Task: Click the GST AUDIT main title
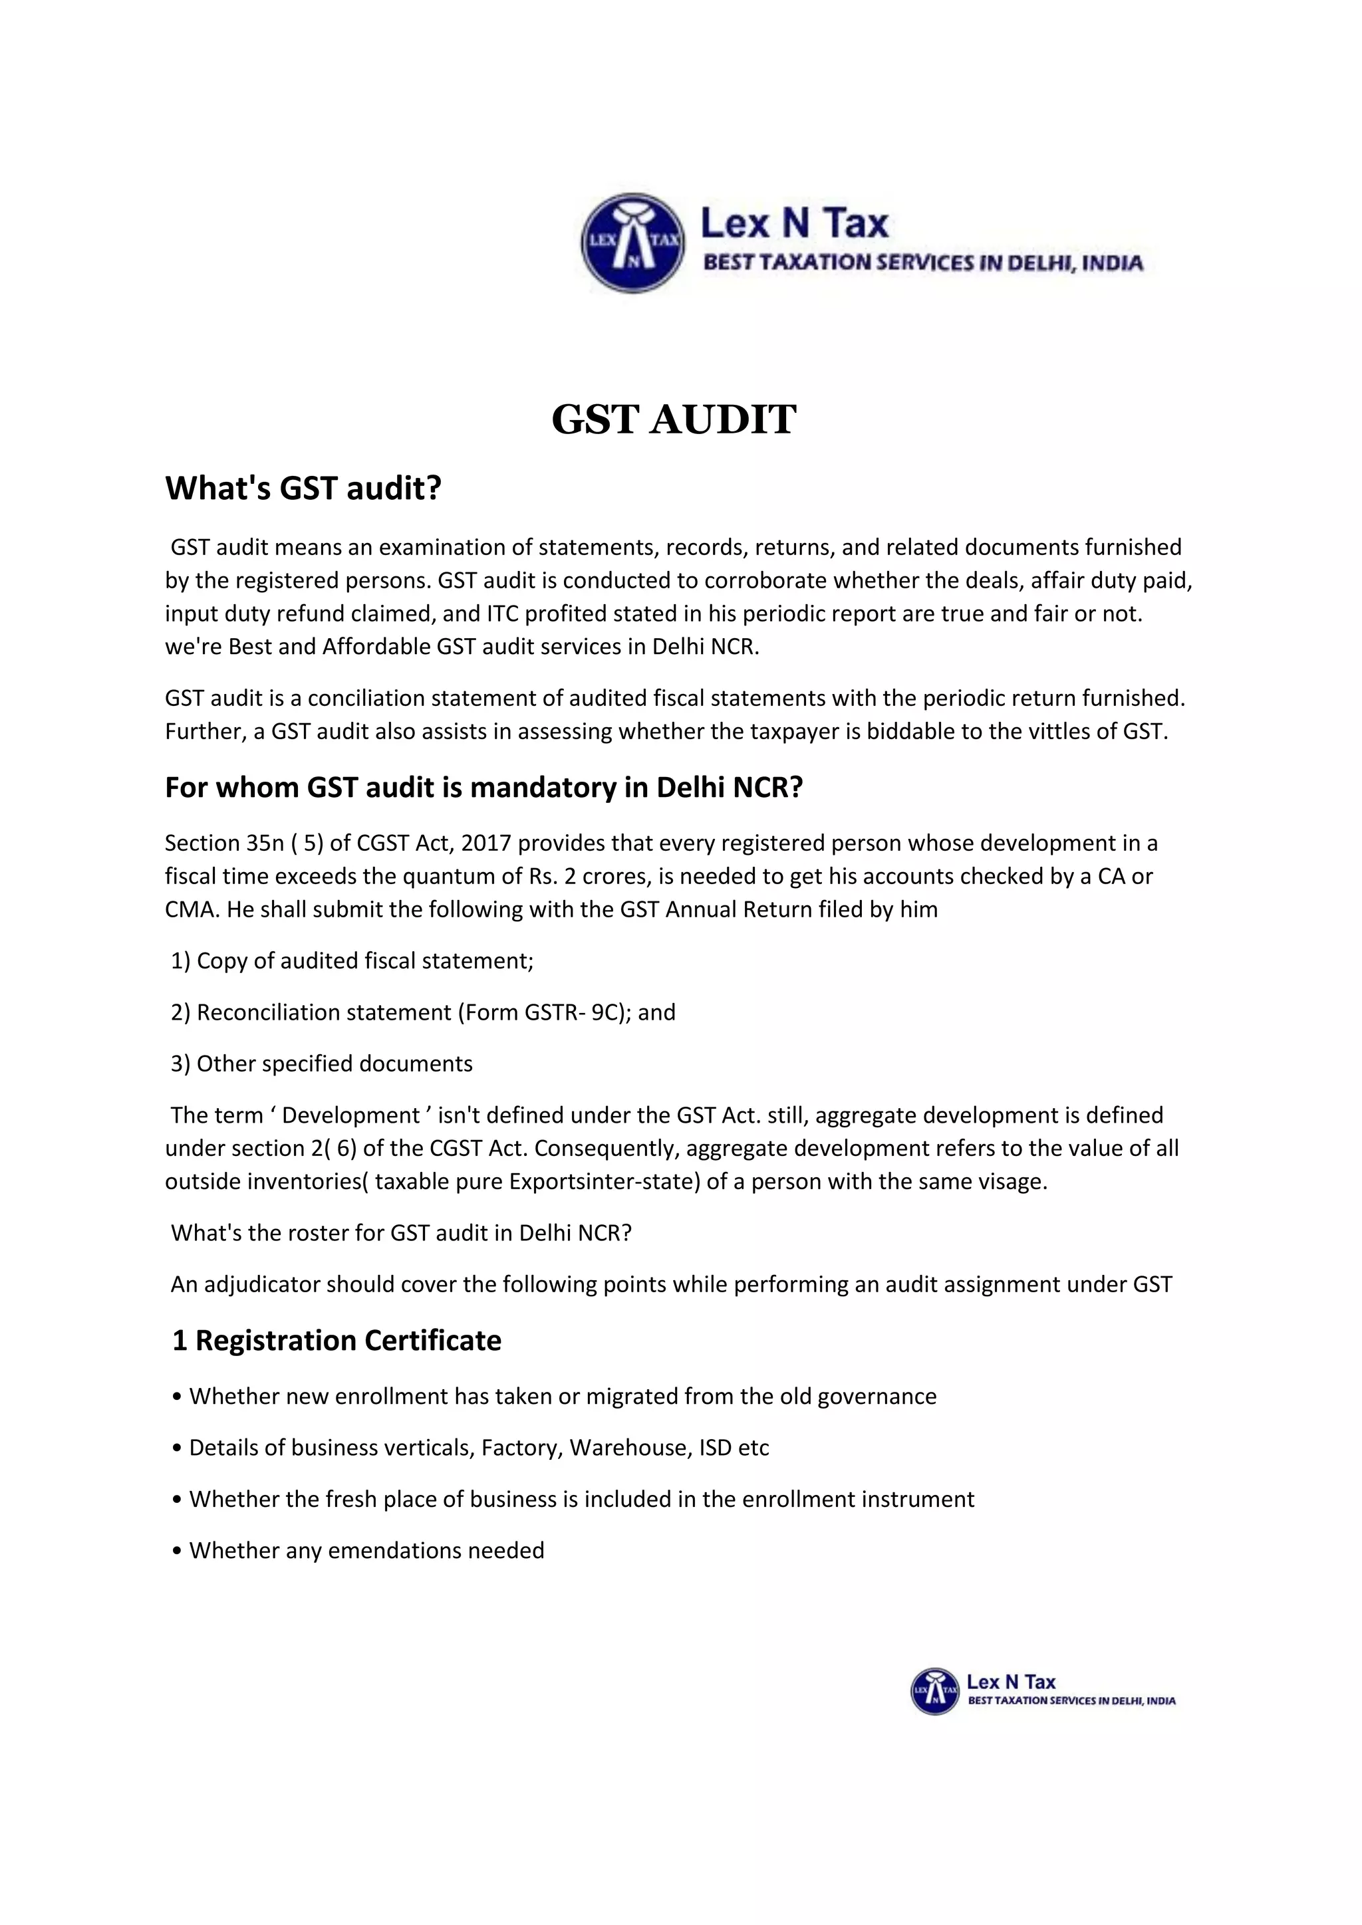(674, 419)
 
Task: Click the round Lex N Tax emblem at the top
(632, 243)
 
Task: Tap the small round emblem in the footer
(934, 1691)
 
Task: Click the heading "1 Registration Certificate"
(337, 1340)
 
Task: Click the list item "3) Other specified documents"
(321, 1063)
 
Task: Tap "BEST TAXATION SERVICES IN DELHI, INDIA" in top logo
(922, 263)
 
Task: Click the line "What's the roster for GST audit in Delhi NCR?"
(401, 1232)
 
